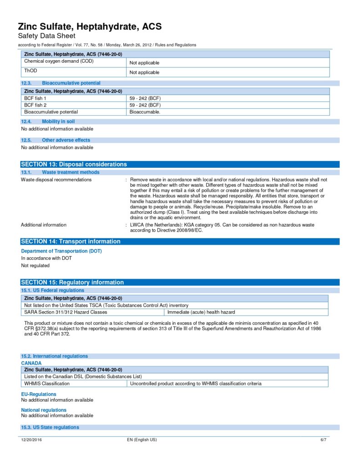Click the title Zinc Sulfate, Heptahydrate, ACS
[x=90, y=26]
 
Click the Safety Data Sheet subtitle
[x=46, y=36]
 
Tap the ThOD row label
[x=30, y=71]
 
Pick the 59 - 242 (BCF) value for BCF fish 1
[x=145, y=98]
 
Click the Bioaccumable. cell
[x=145, y=112]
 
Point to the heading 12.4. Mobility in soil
[x=48, y=122]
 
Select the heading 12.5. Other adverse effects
[x=56, y=140]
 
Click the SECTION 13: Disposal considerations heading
[x=74, y=164]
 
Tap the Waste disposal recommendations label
[x=56, y=180]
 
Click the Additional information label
[x=44, y=225]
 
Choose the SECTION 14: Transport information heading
[x=71, y=242]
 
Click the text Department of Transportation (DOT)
[x=61, y=251]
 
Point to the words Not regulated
[x=35, y=266]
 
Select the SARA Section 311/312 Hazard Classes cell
[x=66, y=312]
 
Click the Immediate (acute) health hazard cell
[x=201, y=312]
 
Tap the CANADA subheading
[x=31, y=363]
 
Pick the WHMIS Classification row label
[x=47, y=384]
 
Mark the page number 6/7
[x=323, y=440]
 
